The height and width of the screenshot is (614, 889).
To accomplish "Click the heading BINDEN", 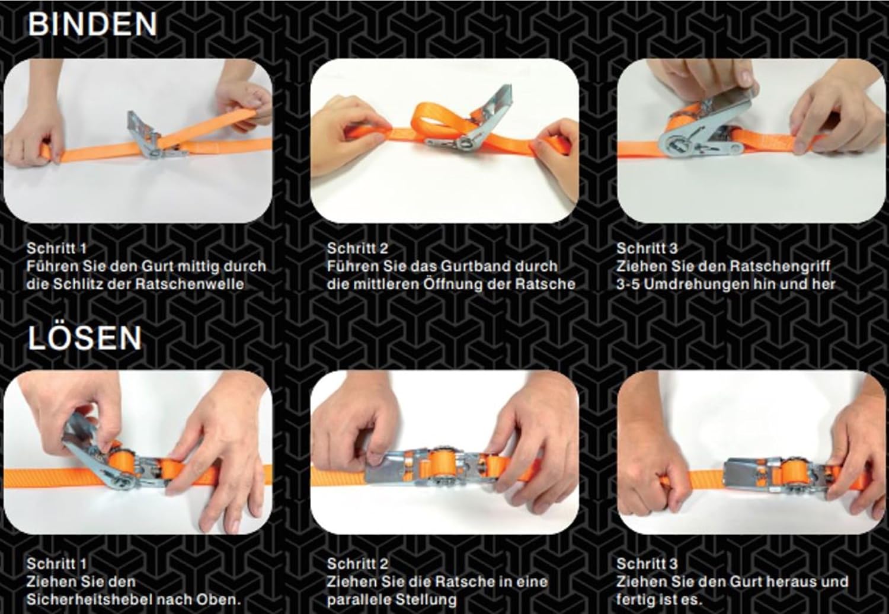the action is (92, 24).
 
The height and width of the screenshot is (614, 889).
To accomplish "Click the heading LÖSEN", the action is (85, 338).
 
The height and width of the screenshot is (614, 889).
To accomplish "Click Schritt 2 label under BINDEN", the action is (357, 248).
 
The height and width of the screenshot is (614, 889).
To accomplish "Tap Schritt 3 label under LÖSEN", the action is (647, 564).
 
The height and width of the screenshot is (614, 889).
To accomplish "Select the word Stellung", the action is (431, 599).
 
